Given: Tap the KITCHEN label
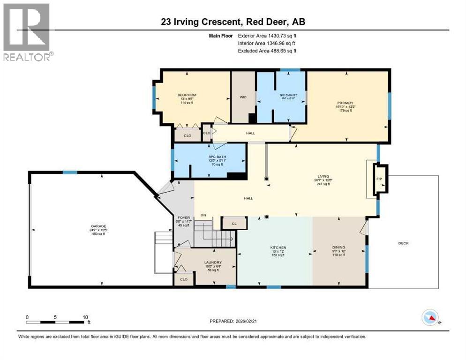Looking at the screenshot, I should tap(278, 247).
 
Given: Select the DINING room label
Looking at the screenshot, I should tap(338, 247).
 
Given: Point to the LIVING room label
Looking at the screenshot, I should tap(322, 177).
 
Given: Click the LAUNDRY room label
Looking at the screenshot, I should tap(212, 262).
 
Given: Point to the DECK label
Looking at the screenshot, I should tap(403, 243).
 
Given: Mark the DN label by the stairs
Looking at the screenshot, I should tap(203, 215).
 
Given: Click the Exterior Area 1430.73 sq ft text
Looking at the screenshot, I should tap(267, 35).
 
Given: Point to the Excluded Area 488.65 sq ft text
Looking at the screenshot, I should tap(267, 51).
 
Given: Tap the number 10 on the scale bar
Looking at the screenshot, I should tap(85, 317).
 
